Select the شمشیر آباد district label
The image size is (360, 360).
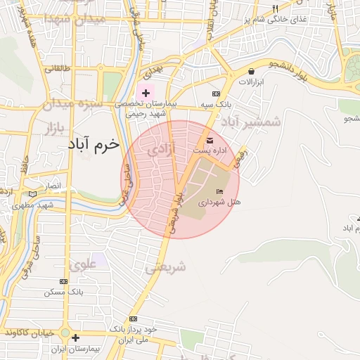pos(251,122)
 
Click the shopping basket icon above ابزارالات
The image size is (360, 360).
pos(251,71)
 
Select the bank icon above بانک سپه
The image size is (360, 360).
pos(216,94)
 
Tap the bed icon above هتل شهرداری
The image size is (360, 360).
pos(219,191)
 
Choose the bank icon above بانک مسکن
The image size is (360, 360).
pos(64,281)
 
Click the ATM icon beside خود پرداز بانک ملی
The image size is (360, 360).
pos(133,319)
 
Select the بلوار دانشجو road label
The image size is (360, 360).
pos(310,69)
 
